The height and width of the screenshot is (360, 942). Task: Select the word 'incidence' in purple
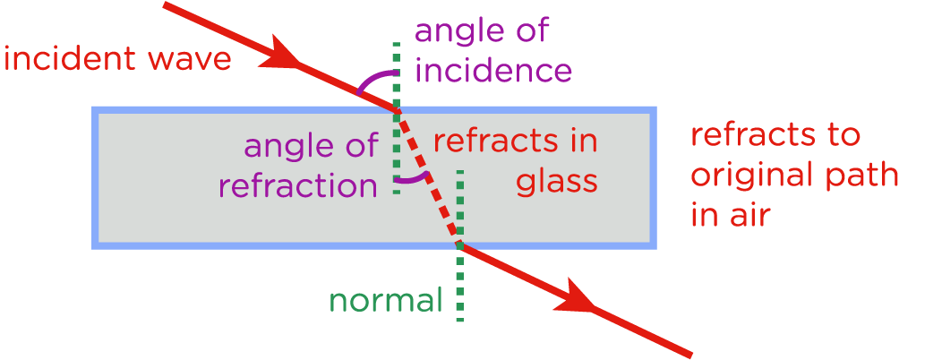coord(492,70)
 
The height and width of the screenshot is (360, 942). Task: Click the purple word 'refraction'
coord(298,186)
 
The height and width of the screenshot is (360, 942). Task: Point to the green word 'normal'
coord(386,301)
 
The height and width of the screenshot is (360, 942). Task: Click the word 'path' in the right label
coord(864,176)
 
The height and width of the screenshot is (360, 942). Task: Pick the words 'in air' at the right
coord(730,215)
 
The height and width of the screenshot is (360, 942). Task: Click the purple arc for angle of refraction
coord(414,178)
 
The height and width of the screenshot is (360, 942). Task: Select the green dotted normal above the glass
coord(396,72)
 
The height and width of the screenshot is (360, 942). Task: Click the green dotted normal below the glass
coord(459,287)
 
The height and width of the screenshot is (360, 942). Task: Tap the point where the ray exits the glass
coord(459,244)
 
